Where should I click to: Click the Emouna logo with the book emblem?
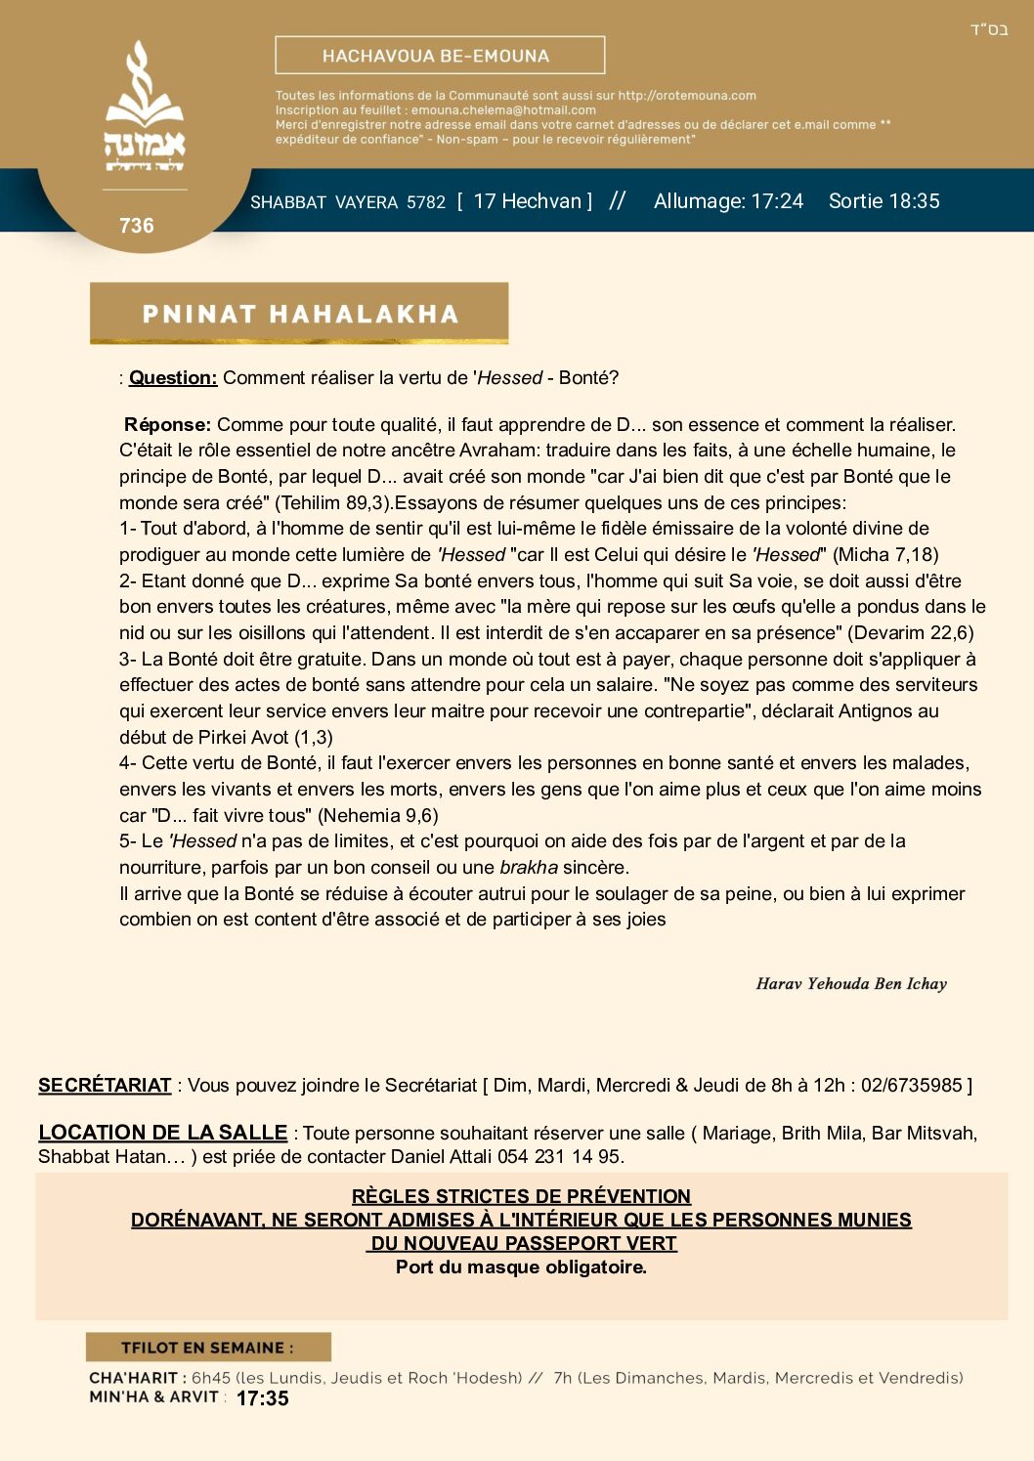[x=144, y=107]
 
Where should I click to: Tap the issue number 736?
[x=137, y=226]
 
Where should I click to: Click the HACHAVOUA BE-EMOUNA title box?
[x=440, y=56]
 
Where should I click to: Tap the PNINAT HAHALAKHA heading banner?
[x=299, y=314]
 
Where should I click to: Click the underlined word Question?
[x=173, y=378]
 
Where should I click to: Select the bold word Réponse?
[x=167, y=425]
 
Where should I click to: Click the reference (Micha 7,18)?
[x=885, y=555]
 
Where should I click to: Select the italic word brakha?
[x=529, y=868]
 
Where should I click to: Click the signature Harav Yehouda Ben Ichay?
[x=851, y=984]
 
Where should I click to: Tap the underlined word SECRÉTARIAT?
[x=105, y=1086]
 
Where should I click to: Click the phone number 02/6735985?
[x=912, y=1086]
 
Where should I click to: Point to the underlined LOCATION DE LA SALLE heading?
[x=162, y=1133]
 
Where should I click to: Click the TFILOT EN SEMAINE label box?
[x=208, y=1348]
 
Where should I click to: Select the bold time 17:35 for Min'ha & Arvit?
[x=263, y=1398]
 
